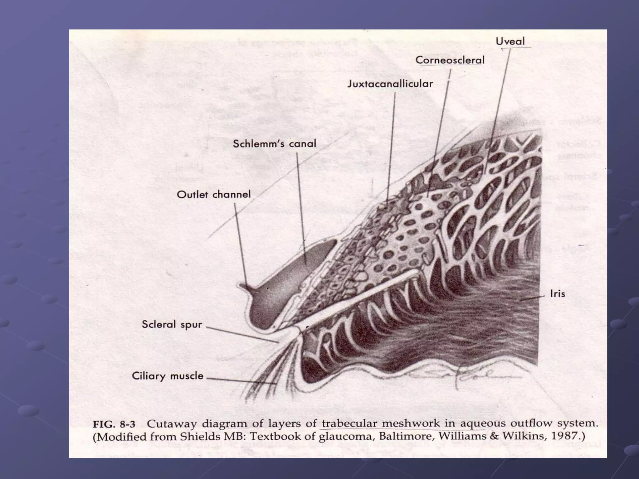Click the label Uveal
510,41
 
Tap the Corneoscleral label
450,60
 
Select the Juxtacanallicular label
390,84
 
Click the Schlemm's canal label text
274,144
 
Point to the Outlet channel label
213,195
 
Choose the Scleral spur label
172,324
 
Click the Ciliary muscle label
167,376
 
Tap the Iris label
557,294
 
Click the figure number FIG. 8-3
114,424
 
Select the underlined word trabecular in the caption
349,424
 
